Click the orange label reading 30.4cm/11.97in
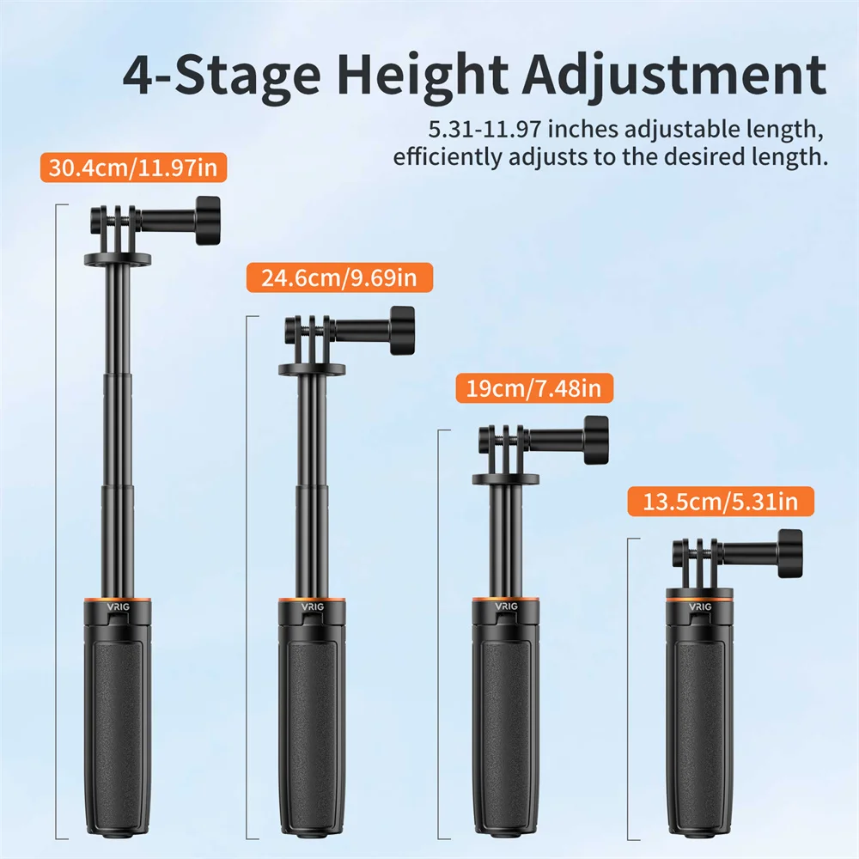pos(133,168)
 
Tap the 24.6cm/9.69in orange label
pos(339,277)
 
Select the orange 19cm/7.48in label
pos(534,388)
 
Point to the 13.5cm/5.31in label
pos(721,502)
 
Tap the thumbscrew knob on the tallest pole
pos(208,220)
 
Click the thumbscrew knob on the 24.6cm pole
pos(402,331)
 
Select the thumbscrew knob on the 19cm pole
pos(596,440)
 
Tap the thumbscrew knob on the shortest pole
pos(790,554)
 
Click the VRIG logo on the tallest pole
pos(119,607)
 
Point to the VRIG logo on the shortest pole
pos(700,607)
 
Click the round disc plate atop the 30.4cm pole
pos(118,259)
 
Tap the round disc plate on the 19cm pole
pos(506,478)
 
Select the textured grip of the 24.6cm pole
pos(312,731)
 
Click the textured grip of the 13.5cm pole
pos(699,731)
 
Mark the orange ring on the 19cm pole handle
pos(506,600)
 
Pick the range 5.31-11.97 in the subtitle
pos(484,130)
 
